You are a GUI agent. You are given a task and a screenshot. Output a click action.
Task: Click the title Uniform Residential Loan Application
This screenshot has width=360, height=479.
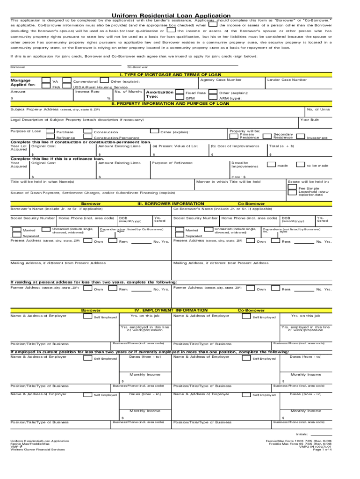(x=171, y=15)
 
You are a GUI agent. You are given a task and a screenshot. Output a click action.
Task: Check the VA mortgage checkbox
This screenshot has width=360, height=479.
(x=45, y=81)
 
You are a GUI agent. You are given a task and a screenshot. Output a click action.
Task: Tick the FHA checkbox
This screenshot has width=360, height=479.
(x=45, y=87)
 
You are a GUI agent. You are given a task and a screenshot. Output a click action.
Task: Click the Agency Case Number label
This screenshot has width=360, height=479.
(x=221, y=80)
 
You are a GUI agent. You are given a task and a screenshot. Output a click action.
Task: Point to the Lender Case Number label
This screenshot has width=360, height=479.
(x=287, y=80)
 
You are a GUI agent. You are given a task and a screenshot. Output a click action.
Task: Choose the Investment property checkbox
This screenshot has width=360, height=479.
(x=301, y=137)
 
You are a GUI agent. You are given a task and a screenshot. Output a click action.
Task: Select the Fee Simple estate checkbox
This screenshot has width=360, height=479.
(x=294, y=189)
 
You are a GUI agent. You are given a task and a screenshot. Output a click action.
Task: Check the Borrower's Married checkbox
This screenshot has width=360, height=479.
(x=16, y=230)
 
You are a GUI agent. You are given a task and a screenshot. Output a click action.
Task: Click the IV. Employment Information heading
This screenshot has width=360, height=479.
(x=171, y=310)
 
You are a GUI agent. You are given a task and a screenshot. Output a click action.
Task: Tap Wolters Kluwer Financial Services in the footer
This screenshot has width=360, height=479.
(x=38, y=450)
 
